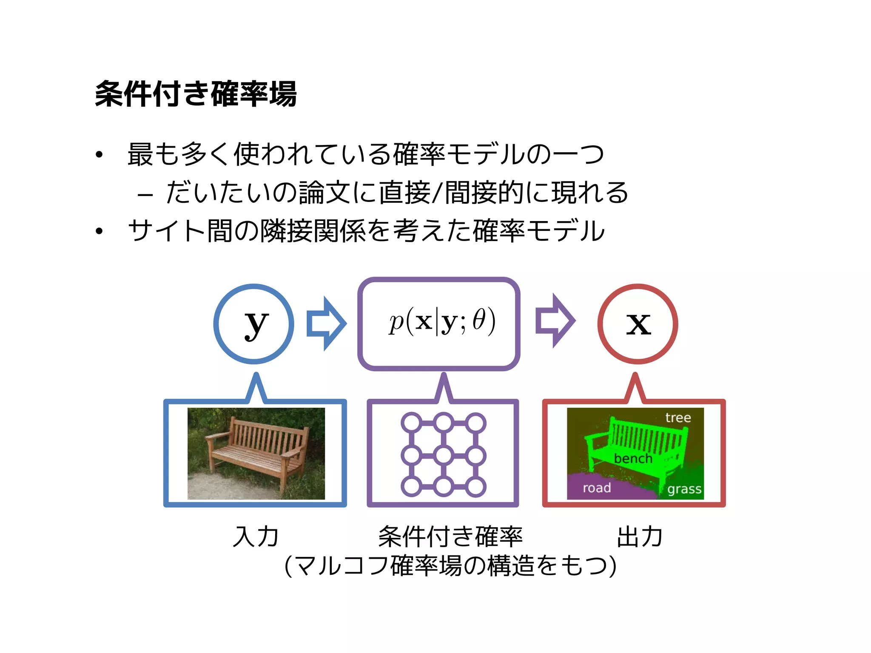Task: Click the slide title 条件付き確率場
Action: tap(196, 94)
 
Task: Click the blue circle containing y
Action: tap(254, 324)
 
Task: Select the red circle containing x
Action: tap(638, 324)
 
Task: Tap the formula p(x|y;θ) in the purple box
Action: tap(442, 321)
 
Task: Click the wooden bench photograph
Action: tap(256, 453)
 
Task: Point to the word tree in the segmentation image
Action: tap(678, 417)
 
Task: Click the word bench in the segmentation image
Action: tap(633, 458)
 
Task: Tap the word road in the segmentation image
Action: tap(597, 488)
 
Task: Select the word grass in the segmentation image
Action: tap(684, 489)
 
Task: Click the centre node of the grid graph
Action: tap(444, 455)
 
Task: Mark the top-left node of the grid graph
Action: tap(411, 423)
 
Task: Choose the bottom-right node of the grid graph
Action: tap(476, 487)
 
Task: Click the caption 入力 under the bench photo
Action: tap(256, 537)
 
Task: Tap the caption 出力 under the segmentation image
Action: tap(640, 537)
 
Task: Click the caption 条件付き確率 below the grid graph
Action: tap(450, 537)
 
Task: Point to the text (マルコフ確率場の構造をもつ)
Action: tap(450, 566)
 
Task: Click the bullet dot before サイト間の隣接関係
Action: tap(100, 231)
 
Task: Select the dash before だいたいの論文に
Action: tap(145, 196)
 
